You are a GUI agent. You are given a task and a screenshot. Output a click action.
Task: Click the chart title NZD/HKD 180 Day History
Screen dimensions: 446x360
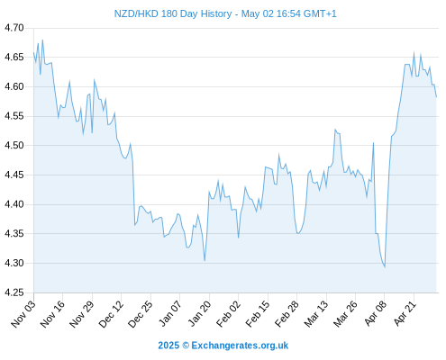click(173, 13)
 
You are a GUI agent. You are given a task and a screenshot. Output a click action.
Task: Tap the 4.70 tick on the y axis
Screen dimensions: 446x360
click(14, 28)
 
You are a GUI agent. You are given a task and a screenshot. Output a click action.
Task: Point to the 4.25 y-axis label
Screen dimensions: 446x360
click(14, 292)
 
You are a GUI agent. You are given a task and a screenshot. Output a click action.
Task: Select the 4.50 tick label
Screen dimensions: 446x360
click(14, 146)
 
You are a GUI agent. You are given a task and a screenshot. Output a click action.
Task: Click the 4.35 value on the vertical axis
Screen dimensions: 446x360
click(14, 234)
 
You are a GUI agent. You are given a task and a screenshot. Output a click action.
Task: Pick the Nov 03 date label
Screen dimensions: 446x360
click(23, 313)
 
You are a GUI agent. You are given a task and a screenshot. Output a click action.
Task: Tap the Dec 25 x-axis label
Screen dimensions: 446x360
click(141, 313)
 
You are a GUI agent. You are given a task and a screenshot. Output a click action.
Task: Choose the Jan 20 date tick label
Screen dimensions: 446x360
click(199, 313)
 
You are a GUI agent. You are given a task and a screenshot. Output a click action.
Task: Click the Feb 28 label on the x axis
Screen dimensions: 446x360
click(287, 313)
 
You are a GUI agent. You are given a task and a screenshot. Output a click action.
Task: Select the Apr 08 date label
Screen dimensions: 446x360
click(375, 313)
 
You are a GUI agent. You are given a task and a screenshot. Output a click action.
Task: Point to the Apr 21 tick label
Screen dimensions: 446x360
click(405, 313)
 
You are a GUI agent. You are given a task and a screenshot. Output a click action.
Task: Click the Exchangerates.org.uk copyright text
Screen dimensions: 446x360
click(223, 346)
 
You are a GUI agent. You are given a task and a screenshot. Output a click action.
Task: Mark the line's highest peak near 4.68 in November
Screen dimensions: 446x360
click(42, 40)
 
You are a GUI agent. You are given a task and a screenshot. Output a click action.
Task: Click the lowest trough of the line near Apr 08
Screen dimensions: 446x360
click(385, 267)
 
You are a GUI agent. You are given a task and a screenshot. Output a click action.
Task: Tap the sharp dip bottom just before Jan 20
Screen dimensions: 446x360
click(205, 261)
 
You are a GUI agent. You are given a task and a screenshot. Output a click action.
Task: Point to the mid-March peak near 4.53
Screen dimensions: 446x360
click(335, 130)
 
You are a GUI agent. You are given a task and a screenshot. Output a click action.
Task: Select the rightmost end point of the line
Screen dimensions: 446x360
click(436, 97)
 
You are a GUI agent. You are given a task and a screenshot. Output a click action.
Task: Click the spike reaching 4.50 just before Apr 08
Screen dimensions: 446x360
click(373, 143)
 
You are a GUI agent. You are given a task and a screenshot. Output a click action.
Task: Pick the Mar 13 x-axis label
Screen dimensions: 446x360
click(316, 313)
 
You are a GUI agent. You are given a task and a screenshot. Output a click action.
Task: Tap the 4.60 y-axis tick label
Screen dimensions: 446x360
click(14, 86)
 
